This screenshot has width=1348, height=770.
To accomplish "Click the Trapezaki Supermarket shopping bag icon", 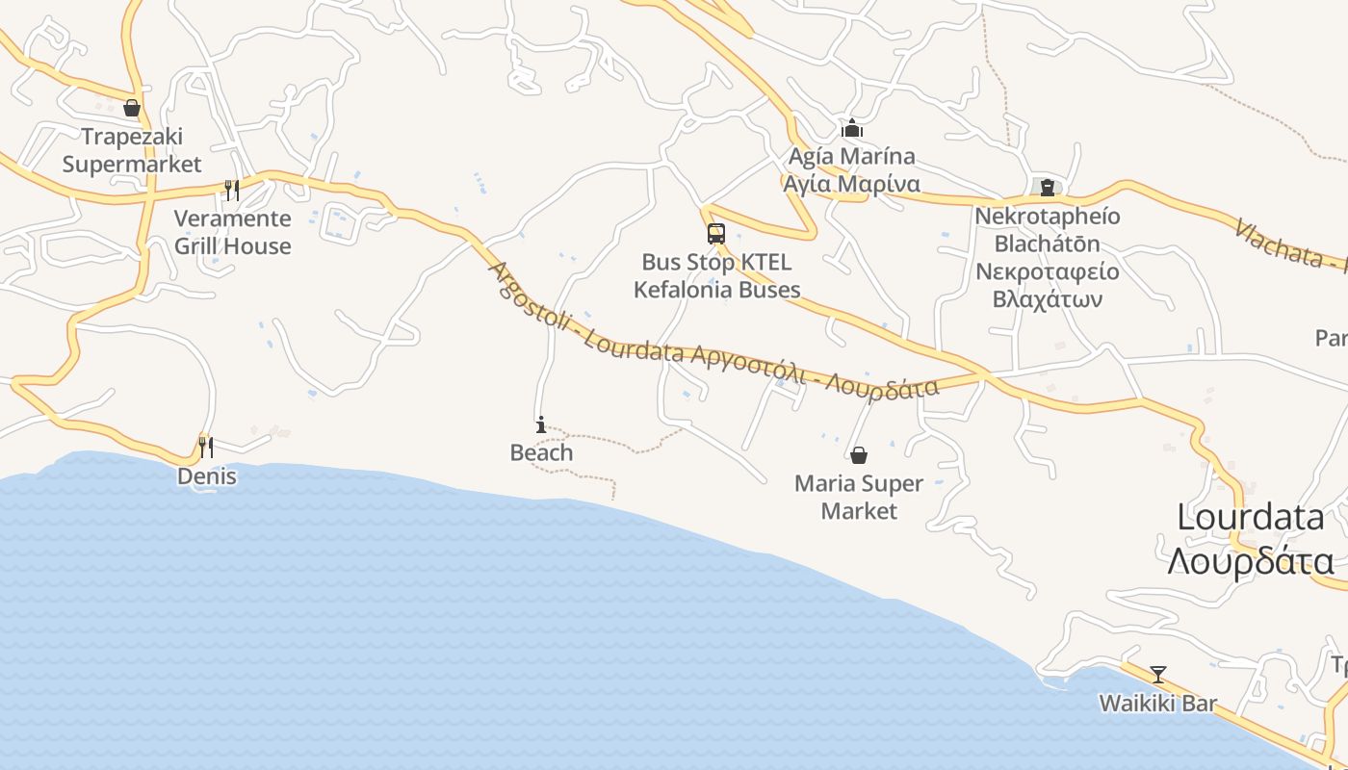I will coord(132,108).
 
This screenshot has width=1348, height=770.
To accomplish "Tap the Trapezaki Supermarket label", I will coord(132,150).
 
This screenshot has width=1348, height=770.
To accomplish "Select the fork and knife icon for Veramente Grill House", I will coord(231,190).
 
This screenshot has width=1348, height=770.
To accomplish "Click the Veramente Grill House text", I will coord(232,232).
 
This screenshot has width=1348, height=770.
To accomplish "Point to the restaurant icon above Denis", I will coord(205,447).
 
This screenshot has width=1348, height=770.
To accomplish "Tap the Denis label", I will coord(206,476).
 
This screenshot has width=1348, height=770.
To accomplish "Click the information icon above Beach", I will coord(541,424).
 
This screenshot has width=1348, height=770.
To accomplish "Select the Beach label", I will coord(541,452).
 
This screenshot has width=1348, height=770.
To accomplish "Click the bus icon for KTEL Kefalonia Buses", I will coord(715,233).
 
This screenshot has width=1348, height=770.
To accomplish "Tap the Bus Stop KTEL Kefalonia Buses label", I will coord(716,275).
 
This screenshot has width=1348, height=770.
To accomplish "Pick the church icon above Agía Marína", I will coord(851,128).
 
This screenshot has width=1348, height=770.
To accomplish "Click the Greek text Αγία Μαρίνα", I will coord(851,184).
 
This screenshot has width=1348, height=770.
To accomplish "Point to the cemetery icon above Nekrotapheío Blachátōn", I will coord(1047,187).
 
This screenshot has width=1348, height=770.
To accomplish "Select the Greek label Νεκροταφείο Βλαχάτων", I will coord(1048,285).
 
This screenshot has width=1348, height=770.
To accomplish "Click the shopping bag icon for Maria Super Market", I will coord(858,454).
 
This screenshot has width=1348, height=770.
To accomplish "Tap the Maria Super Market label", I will coord(858,497).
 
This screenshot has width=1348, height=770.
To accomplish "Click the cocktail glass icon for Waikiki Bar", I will coord(1157,675).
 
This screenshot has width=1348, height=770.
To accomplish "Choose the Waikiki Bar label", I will coord(1158,704).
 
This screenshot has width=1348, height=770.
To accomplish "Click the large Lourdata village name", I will coord(1251,518).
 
